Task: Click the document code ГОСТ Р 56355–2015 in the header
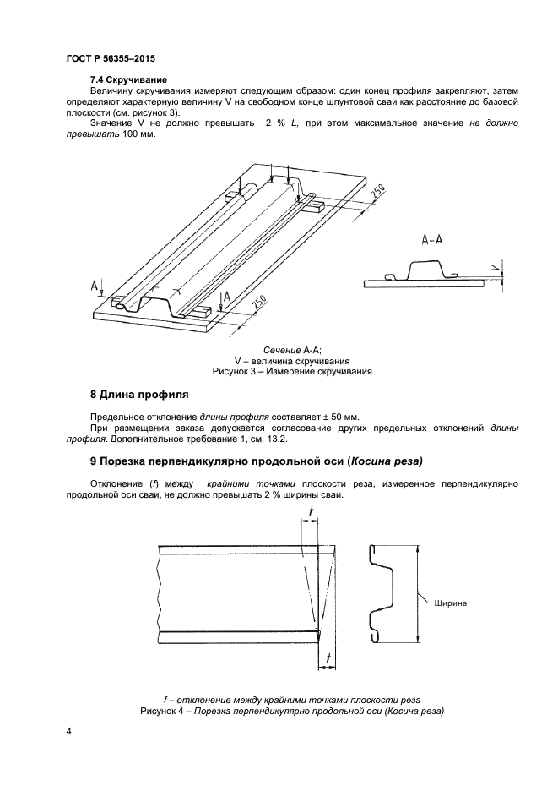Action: click(110, 59)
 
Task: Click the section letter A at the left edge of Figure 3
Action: click(95, 286)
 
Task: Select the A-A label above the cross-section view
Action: click(433, 240)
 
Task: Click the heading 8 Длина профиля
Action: click(138, 394)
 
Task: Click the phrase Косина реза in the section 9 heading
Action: click(385, 461)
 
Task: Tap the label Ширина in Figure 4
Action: click(451, 603)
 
